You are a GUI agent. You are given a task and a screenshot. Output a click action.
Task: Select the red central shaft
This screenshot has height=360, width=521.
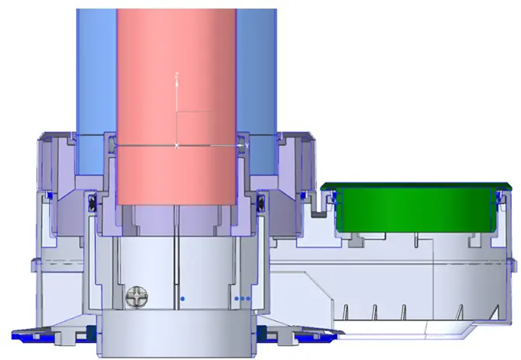pos(176,78)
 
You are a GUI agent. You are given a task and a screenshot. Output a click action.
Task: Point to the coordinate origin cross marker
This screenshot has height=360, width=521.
pos(178,145)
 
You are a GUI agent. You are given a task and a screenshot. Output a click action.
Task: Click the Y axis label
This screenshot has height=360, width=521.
pos(247,145)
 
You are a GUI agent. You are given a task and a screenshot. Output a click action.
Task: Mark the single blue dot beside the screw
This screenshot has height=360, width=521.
pos(181,297)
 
